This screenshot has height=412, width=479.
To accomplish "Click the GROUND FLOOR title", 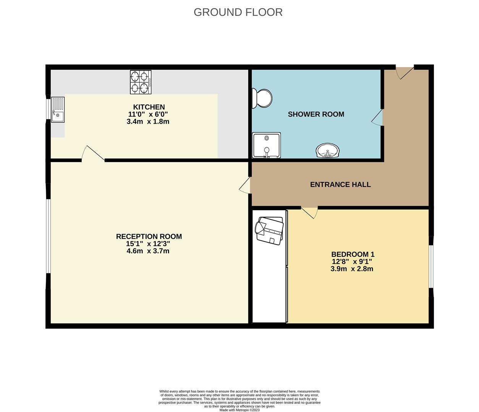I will [x=238, y=12].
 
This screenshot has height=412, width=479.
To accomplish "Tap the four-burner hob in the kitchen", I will [x=140, y=82].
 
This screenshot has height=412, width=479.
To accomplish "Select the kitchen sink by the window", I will [x=58, y=110].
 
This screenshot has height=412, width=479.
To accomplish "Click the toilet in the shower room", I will [x=262, y=98].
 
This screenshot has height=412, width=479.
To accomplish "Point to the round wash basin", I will [x=327, y=151].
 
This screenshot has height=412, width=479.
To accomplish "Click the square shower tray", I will [x=266, y=145].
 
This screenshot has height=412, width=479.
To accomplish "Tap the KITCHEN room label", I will [x=149, y=107].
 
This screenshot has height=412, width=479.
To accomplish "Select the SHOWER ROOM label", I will [x=316, y=114].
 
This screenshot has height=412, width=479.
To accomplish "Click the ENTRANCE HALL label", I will [x=340, y=185].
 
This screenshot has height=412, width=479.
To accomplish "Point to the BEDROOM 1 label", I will [x=353, y=254].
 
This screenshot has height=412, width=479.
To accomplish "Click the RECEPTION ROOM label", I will [x=149, y=237].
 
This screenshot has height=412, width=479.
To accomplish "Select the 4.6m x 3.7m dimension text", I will [x=148, y=251].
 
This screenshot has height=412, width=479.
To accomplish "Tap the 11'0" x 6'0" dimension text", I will [x=148, y=114].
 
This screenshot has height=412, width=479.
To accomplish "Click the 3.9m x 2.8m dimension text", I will [x=351, y=269].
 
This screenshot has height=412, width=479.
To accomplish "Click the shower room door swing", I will [x=378, y=117].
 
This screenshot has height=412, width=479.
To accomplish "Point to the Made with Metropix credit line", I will [x=239, y=410].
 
